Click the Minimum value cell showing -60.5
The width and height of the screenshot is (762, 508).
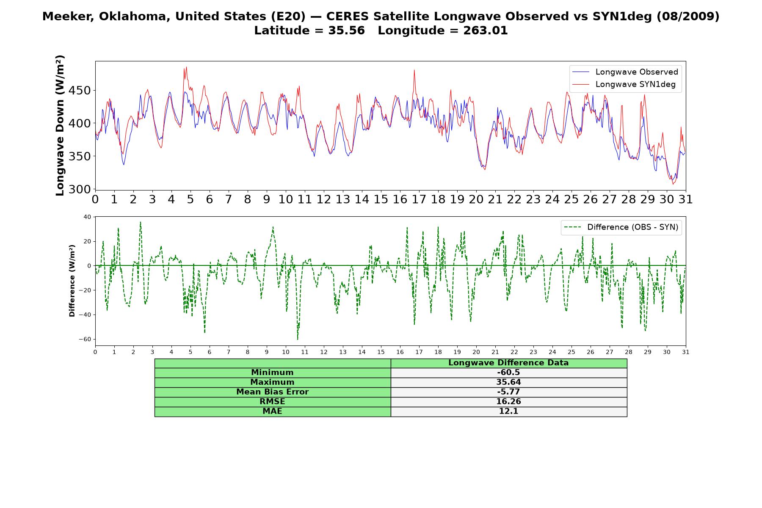point(508,373)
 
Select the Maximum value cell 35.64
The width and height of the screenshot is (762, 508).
point(508,382)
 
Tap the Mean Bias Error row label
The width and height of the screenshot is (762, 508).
point(272,392)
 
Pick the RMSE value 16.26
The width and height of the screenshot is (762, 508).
point(508,402)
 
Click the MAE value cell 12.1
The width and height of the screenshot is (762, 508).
point(508,411)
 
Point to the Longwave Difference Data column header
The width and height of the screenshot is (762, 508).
point(508,363)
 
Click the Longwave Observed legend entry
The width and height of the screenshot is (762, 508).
point(625,72)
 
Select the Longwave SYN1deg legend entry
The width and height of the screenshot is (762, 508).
point(624,84)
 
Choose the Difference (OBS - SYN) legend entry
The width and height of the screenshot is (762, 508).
point(621,227)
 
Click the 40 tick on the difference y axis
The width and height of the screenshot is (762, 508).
point(87,217)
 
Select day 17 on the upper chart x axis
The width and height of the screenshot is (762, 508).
point(419,199)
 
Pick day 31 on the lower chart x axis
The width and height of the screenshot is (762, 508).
point(686,352)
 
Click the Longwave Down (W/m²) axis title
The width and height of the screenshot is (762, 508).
point(60,125)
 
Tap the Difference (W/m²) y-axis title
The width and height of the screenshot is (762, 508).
point(72,281)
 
